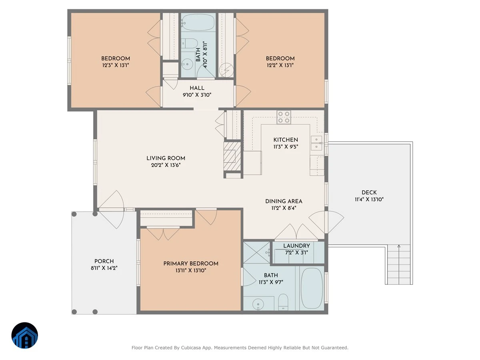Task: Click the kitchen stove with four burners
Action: pyautogui.click(x=284, y=117)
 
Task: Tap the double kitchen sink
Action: pyautogui.click(x=316, y=143)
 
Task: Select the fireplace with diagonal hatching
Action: pyautogui.click(x=232, y=156)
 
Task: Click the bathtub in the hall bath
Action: pyautogui.click(x=198, y=22)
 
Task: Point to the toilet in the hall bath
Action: pyautogui.click(x=189, y=43)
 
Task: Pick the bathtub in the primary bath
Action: pyautogui.click(x=312, y=288)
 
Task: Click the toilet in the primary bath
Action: pyautogui.click(x=284, y=302)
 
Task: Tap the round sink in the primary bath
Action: pyautogui.click(x=258, y=304)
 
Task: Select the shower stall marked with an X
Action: pyautogui.click(x=257, y=252)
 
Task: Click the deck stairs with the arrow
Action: pyautogui.click(x=399, y=264)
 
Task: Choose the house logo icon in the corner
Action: pyautogui.click(x=25, y=335)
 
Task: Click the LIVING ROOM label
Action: pyautogui.click(x=166, y=158)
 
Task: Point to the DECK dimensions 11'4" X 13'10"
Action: pyautogui.click(x=369, y=199)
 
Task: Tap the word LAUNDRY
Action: pyautogui.click(x=296, y=246)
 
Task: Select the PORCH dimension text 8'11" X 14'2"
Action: pyautogui.click(x=104, y=268)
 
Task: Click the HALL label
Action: pyautogui.click(x=197, y=88)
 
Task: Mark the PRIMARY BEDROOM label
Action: pyautogui.click(x=191, y=263)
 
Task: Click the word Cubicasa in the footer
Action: pyautogui.click(x=191, y=348)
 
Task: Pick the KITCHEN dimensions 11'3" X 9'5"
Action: pyautogui.click(x=286, y=146)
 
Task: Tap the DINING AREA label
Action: pyautogui.click(x=284, y=201)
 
